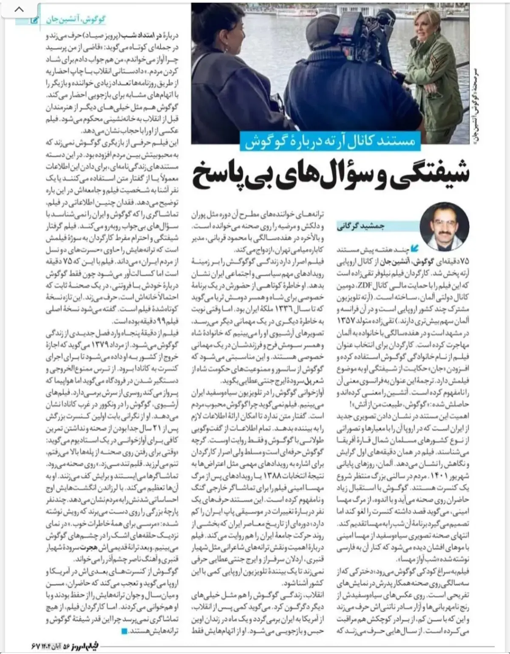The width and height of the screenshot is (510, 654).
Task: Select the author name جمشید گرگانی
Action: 361,226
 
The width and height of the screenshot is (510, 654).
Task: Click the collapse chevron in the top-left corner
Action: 20,9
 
